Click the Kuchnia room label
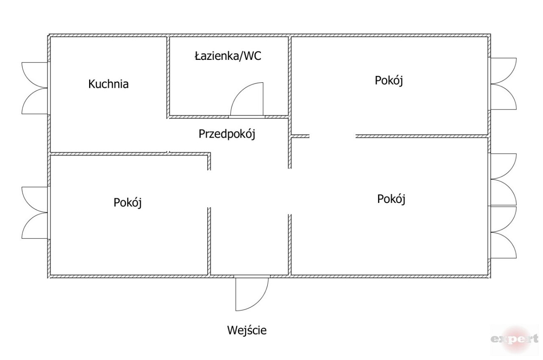pyautogui.click(x=108, y=84)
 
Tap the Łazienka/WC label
pyautogui.click(x=228, y=56)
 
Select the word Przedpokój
pyautogui.click(x=227, y=134)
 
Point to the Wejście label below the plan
pyautogui.click(x=246, y=330)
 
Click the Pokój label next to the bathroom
pyautogui.click(x=389, y=80)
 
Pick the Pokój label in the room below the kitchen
pyautogui.click(x=127, y=202)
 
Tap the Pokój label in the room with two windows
pyautogui.click(x=391, y=199)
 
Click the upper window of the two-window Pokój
pyautogui.click(x=504, y=179)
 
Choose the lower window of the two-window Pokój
pyautogui.click(x=504, y=232)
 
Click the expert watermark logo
pyautogui.click(x=515, y=339)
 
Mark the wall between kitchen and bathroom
pyautogui.click(x=168, y=76)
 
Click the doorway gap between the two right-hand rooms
pyautogui.click(x=333, y=136)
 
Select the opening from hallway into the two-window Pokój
pyautogui.click(x=290, y=191)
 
